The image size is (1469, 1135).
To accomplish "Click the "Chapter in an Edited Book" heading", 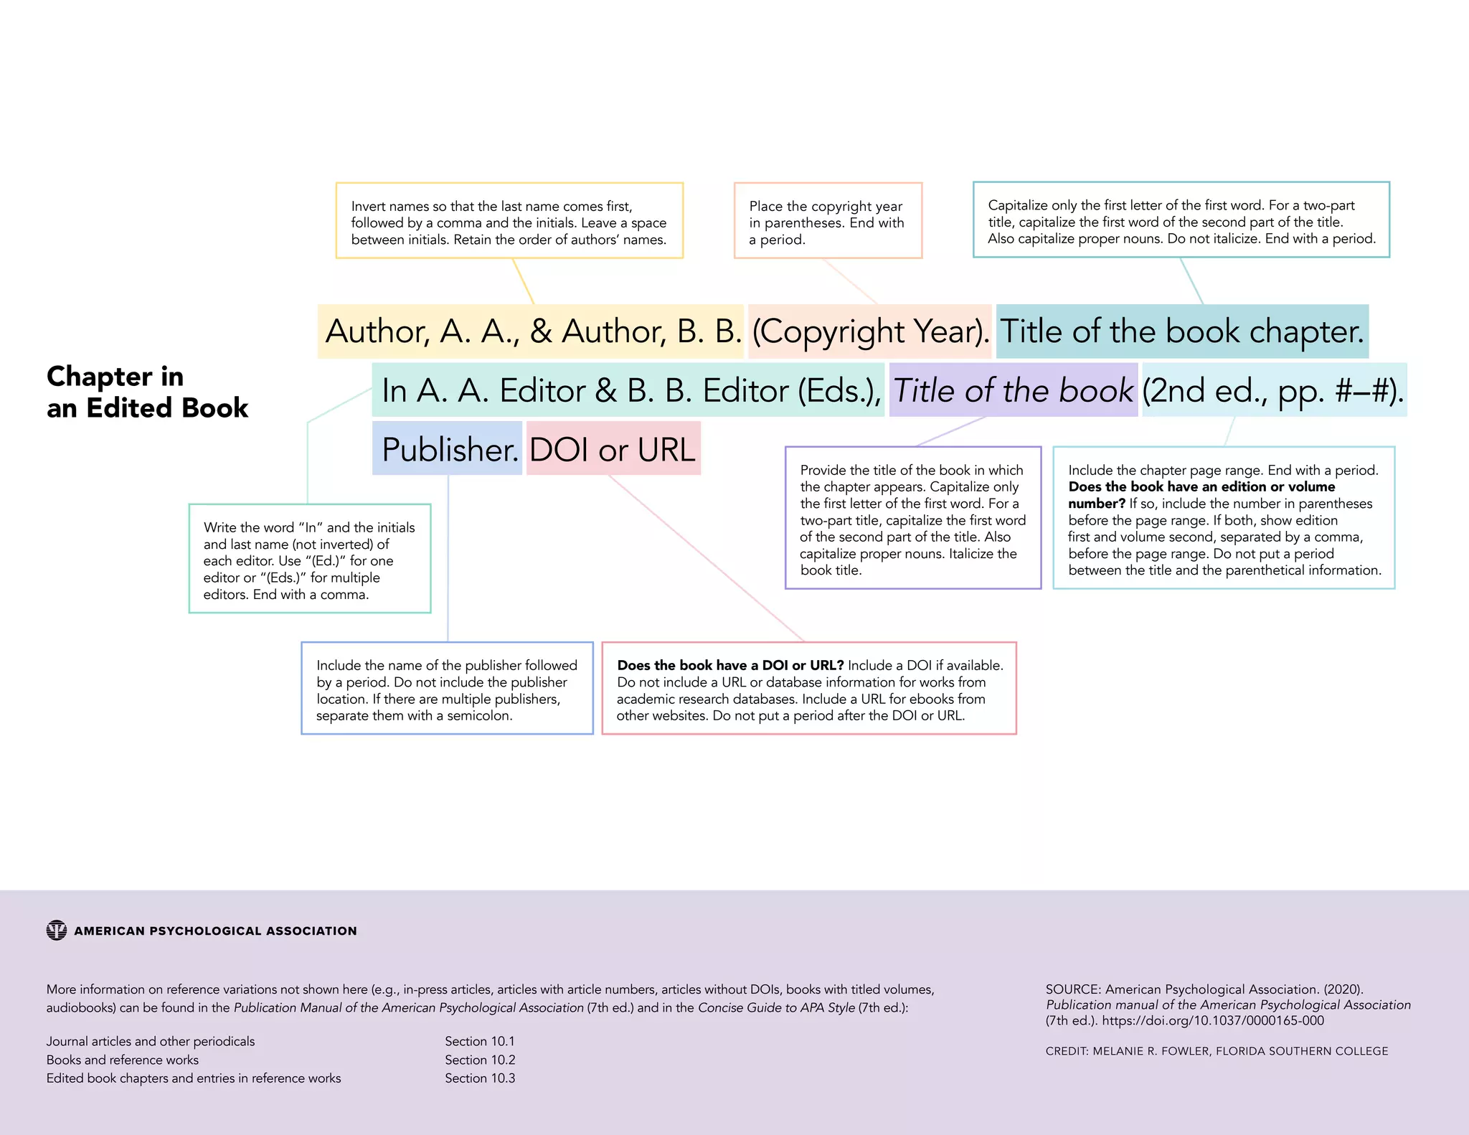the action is point(147,392).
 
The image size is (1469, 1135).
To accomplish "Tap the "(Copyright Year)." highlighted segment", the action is point(869,331).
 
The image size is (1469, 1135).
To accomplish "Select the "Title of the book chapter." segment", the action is point(1182,331).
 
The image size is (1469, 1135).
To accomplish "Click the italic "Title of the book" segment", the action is point(1013,390).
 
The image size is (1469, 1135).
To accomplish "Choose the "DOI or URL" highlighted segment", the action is point(613,449).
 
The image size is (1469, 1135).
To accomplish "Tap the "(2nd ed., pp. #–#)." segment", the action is point(1273,390).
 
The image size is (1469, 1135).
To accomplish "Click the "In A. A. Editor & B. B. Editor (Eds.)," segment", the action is point(628,390).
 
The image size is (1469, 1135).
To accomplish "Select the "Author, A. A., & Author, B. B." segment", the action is point(532,331).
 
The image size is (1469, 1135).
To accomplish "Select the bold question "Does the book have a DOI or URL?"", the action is point(730,666).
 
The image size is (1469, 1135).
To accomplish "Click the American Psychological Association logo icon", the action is point(57,931).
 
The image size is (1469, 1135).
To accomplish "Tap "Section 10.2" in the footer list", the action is point(480,1060).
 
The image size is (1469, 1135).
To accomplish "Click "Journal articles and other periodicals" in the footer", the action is point(151,1041).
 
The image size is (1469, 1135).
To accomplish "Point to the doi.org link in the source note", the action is point(1213,1021).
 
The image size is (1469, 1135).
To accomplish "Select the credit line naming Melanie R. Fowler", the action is point(1217,1051).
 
